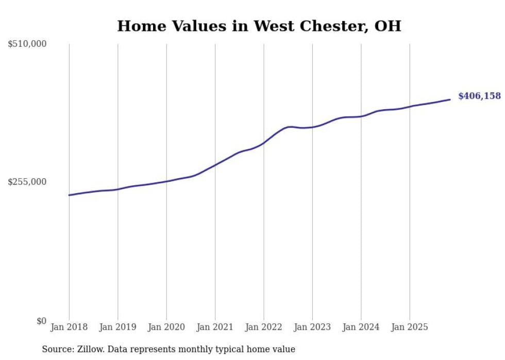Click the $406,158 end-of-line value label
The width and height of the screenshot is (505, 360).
click(479, 96)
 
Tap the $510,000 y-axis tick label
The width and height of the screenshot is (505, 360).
click(27, 44)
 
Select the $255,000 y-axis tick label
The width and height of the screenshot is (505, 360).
click(27, 182)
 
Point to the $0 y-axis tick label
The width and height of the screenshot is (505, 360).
click(41, 321)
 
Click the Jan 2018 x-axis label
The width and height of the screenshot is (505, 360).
click(69, 327)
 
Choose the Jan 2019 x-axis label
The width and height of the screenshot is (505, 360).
click(117, 327)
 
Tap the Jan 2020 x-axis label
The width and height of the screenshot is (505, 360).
click(166, 327)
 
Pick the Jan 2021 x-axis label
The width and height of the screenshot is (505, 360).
click(215, 327)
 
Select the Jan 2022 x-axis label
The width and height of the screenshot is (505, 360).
click(264, 327)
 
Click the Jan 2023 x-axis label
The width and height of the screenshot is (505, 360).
click(312, 327)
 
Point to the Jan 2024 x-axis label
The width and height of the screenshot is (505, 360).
click(361, 327)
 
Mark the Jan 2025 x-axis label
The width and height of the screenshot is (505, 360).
click(410, 327)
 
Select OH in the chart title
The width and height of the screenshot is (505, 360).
click(388, 26)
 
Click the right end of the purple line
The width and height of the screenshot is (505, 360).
click(450, 99)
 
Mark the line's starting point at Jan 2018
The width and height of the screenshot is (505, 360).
click(70, 195)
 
